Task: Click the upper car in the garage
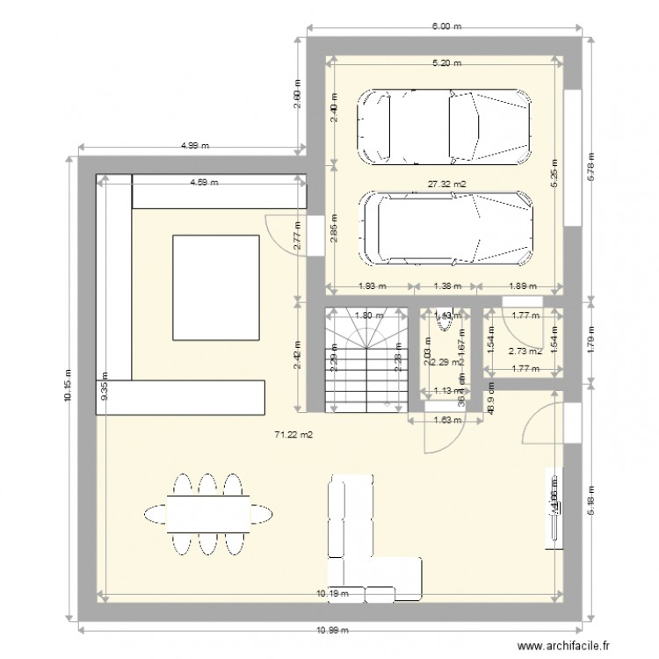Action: (x=444, y=127)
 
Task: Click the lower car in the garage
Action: (x=447, y=228)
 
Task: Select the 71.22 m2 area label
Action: (x=294, y=434)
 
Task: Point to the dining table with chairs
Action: (x=207, y=514)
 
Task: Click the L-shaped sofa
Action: (x=369, y=545)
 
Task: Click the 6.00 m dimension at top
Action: (x=445, y=27)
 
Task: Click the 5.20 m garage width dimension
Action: (x=445, y=62)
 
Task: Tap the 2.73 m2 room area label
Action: (x=525, y=351)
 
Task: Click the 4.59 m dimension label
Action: (x=204, y=183)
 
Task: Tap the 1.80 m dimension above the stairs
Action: (x=363, y=315)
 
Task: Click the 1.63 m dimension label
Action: (x=445, y=420)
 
